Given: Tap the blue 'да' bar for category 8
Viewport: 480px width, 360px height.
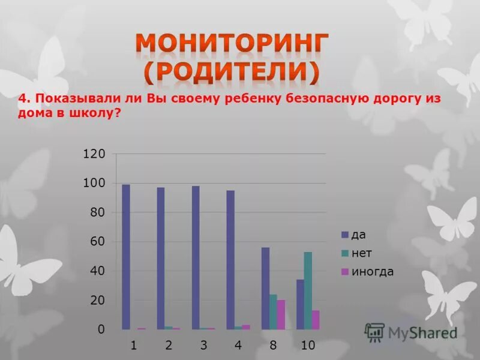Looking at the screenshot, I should pyautogui.click(x=265, y=288).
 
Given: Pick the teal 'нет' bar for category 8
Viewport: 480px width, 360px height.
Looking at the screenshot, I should pyautogui.click(x=273, y=312).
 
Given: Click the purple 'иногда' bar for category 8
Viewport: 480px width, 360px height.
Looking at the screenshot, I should pyautogui.click(x=281, y=314).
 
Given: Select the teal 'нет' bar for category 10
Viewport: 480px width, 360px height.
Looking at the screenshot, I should pyautogui.click(x=308, y=290).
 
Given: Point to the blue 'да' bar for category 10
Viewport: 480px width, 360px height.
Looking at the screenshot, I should pyautogui.click(x=300, y=304).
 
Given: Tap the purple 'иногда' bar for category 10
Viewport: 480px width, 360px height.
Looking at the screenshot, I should pyautogui.click(x=316, y=320).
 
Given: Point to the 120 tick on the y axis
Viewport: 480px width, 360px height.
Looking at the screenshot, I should pyautogui.click(x=94, y=154).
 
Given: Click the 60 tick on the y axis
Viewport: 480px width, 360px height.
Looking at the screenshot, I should pyautogui.click(x=97, y=242).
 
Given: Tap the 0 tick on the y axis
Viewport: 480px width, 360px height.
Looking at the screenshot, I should pyautogui.click(x=101, y=329).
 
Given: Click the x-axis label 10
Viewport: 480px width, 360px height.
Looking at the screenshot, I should pyautogui.click(x=308, y=346).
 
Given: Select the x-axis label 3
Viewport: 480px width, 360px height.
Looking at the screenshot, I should pyautogui.click(x=203, y=346).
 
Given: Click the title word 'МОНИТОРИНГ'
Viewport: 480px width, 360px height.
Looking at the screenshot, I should pyautogui.click(x=232, y=45).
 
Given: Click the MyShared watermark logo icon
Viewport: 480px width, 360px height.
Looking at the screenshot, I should pyautogui.click(x=374, y=332).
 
